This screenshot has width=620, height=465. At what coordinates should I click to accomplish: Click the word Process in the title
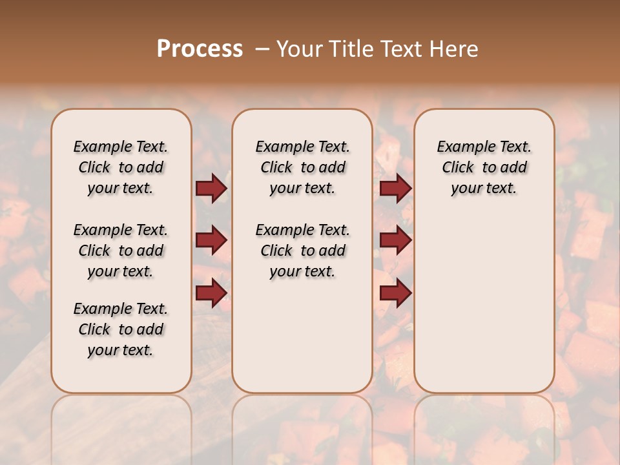[200, 49]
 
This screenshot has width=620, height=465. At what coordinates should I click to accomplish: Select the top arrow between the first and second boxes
[211, 189]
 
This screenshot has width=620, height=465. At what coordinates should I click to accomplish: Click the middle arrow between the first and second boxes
[211, 241]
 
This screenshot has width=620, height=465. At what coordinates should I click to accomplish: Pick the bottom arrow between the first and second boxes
[211, 293]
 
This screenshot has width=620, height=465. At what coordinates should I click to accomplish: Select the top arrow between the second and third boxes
[395, 189]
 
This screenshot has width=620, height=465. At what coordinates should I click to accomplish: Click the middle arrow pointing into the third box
[395, 241]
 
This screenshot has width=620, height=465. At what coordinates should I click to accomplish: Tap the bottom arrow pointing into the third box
[395, 293]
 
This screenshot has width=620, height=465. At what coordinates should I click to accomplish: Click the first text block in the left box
[121, 167]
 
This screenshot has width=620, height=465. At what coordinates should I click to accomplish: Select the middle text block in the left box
[121, 251]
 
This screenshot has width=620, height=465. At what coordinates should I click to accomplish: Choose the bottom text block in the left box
[121, 329]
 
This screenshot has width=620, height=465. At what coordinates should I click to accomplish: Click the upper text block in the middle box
[302, 167]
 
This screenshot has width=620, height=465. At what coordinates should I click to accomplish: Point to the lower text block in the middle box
[302, 251]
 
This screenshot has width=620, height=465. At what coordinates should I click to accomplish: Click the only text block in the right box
[484, 167]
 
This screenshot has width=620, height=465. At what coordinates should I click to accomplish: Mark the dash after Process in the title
[262, 49]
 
